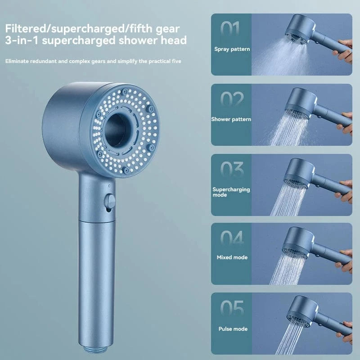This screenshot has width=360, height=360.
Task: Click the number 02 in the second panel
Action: (x=232, y=100)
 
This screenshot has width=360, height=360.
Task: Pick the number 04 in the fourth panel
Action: (x=232, y=238)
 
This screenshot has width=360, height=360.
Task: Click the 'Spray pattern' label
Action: (x=232, y=49)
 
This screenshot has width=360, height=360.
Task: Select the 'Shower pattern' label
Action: (x=231, y=119)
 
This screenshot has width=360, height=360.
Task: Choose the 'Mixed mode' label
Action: (x=232, y=257)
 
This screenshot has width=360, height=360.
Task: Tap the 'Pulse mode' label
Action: (x=232, y=329)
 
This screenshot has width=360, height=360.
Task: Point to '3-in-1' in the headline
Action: (x=21, y=40)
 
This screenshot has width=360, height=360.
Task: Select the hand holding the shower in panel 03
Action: (x=346, y=187)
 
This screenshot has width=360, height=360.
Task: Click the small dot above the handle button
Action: (x=109, y=185)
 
